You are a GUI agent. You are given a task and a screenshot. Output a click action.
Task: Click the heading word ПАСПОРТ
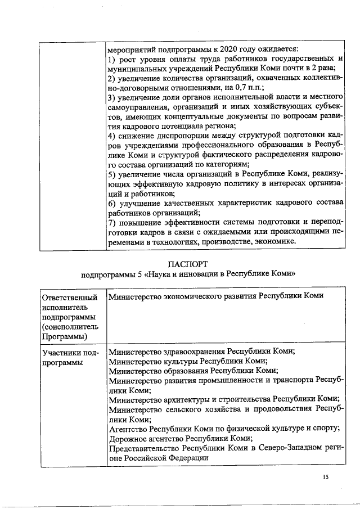coord(187,264)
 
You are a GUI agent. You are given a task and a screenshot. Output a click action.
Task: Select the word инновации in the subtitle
coord(208,276)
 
